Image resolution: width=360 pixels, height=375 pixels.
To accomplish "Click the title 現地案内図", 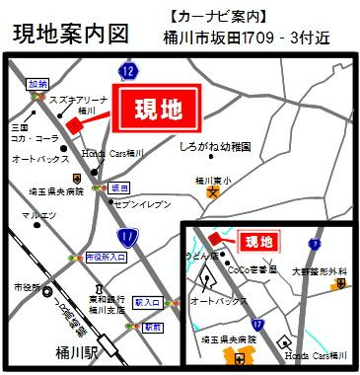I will (x=71, y=33).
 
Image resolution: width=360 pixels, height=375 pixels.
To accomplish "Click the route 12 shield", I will (x=127, y=70).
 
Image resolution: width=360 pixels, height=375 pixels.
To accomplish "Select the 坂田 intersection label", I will (x=118, y=187).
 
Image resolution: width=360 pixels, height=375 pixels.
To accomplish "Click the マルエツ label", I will (x=37, y=215).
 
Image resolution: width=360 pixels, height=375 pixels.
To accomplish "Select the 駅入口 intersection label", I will (x=148, y=303).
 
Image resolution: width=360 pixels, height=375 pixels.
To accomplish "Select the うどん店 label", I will (x=202, y=255).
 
